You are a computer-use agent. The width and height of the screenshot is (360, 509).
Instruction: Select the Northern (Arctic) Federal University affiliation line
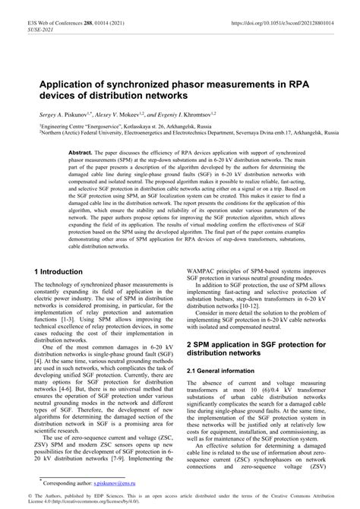tap(182, 131)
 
